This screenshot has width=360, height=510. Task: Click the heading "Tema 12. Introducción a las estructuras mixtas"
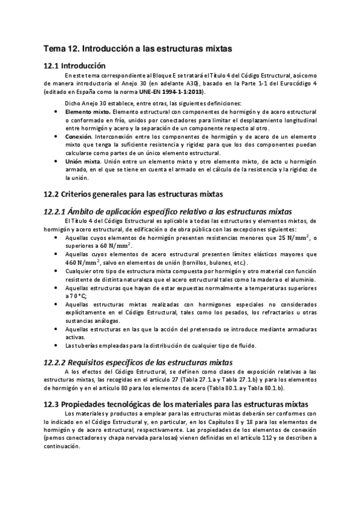tap(138, 46)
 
